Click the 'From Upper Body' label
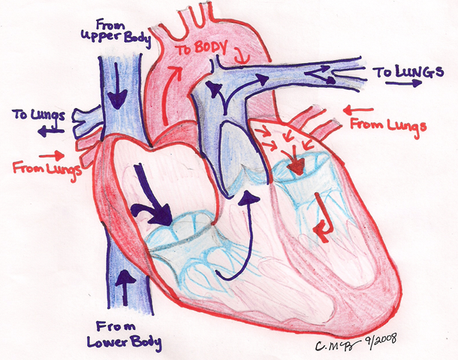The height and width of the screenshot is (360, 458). (116, 33)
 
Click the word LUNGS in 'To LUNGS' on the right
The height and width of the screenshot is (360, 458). (420, 72)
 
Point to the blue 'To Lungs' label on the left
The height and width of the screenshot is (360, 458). (38, 115)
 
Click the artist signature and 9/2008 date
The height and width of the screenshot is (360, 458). (356, 343)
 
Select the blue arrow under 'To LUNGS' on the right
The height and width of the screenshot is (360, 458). (404, 83)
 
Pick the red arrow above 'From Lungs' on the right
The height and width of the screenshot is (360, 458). (358, 110)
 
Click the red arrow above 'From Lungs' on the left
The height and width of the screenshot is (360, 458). (52, 155)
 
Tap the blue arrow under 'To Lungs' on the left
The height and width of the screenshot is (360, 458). (50, 131)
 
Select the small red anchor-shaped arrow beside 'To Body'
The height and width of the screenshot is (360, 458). (242, 58)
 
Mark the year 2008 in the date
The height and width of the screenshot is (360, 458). (384, 340)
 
